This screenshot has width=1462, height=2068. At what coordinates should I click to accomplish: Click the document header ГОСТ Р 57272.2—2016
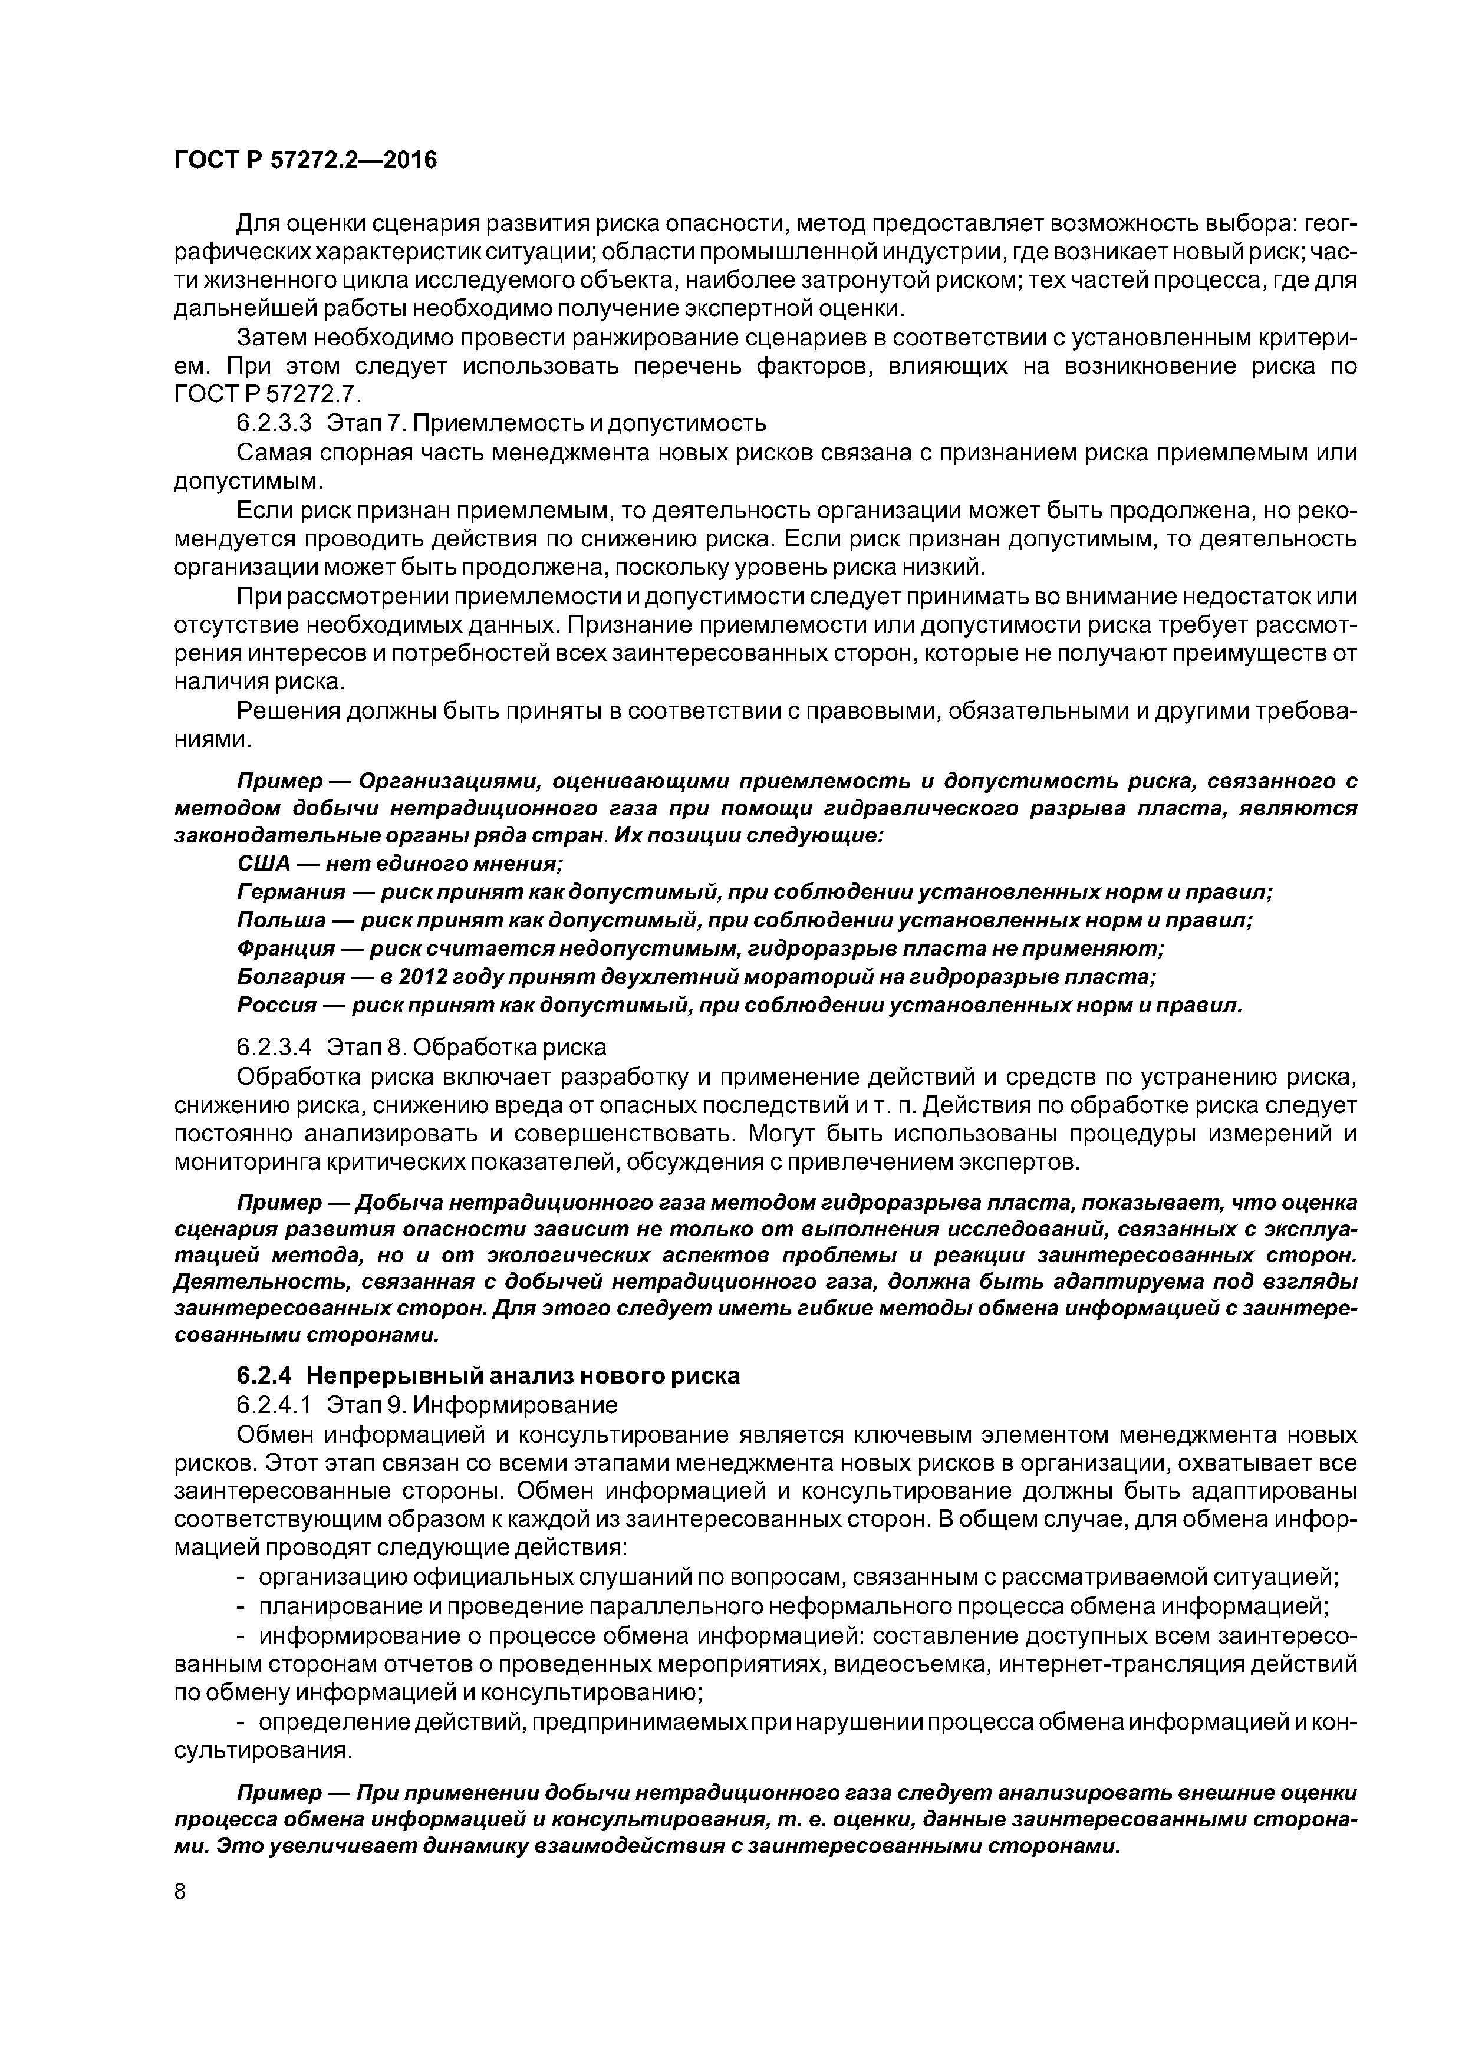tap(304, 160)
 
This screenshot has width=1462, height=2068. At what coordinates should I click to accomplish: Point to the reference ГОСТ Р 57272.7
tap(266, 394)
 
